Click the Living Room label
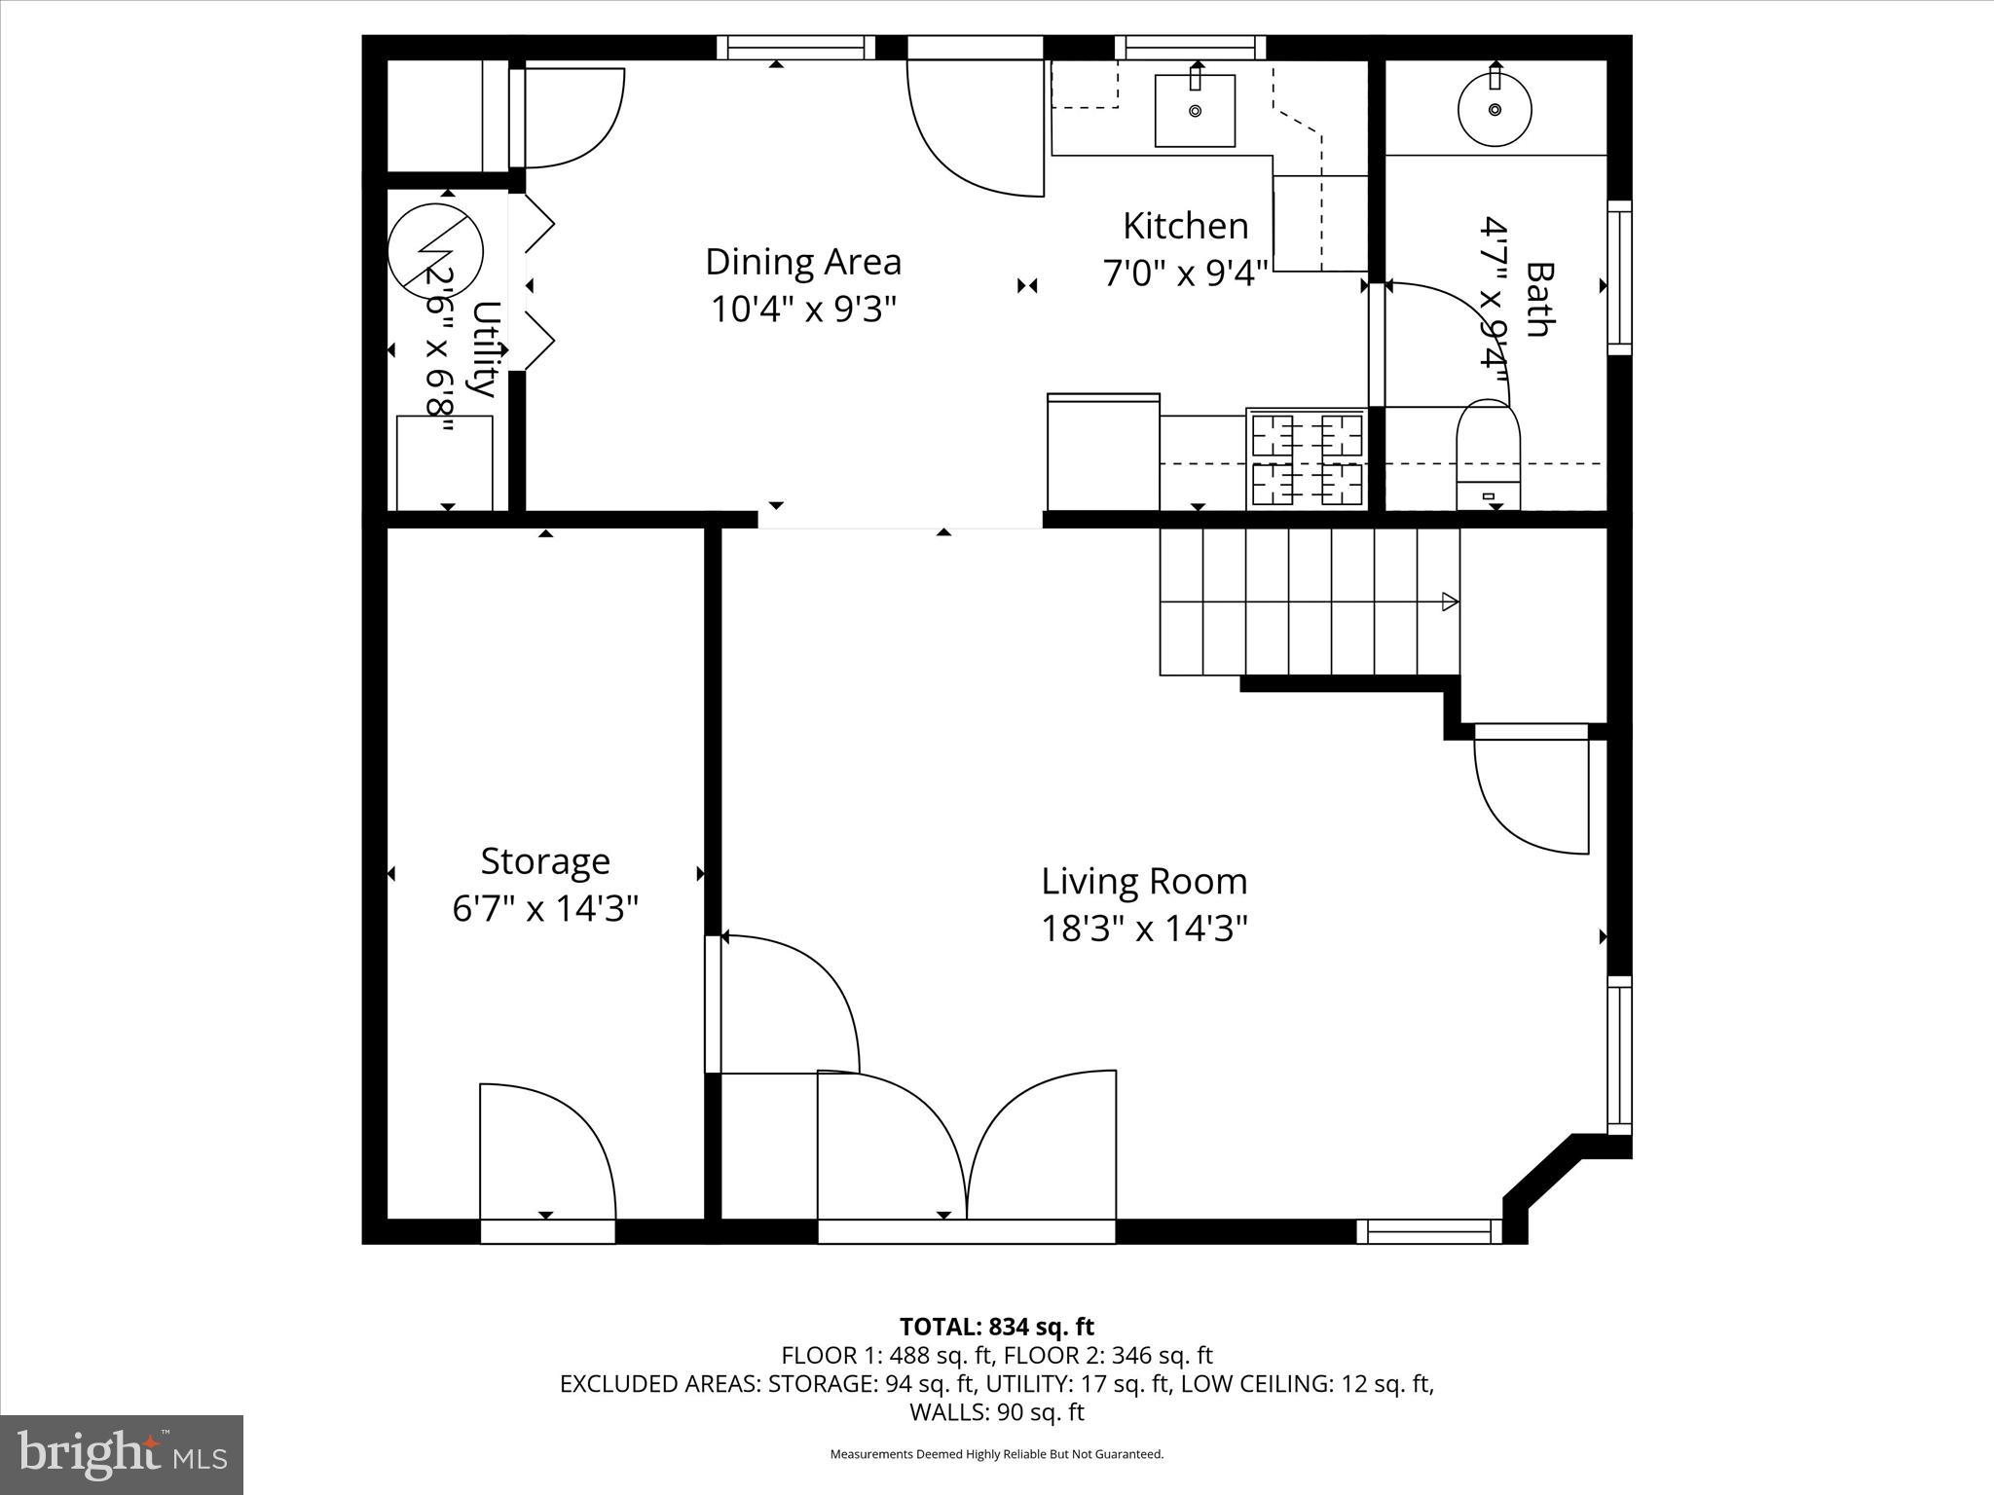pyautogui.click(x=1144, y=881)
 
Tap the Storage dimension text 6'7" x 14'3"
pyautogui.click(x=545, y=909)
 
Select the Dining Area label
pyautogui.click(x=803, y=262)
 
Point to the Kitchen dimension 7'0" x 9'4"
pyautogui.click(x=1185, y=273)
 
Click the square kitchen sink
pyautogui.click(x=1195, y=110)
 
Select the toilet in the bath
pyautogui.click(x=1488, y=454)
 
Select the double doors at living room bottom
pyautogui.click(x=966, y=1149)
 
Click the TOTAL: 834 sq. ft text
pyautogui.click(x=996, y=1327)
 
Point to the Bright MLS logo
pyautogui.click(x=122, y=1455)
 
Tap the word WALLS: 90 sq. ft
pyautogui.click(x=996, y=1412)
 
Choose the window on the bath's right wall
pyautogui.click(x=1618, y=277)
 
